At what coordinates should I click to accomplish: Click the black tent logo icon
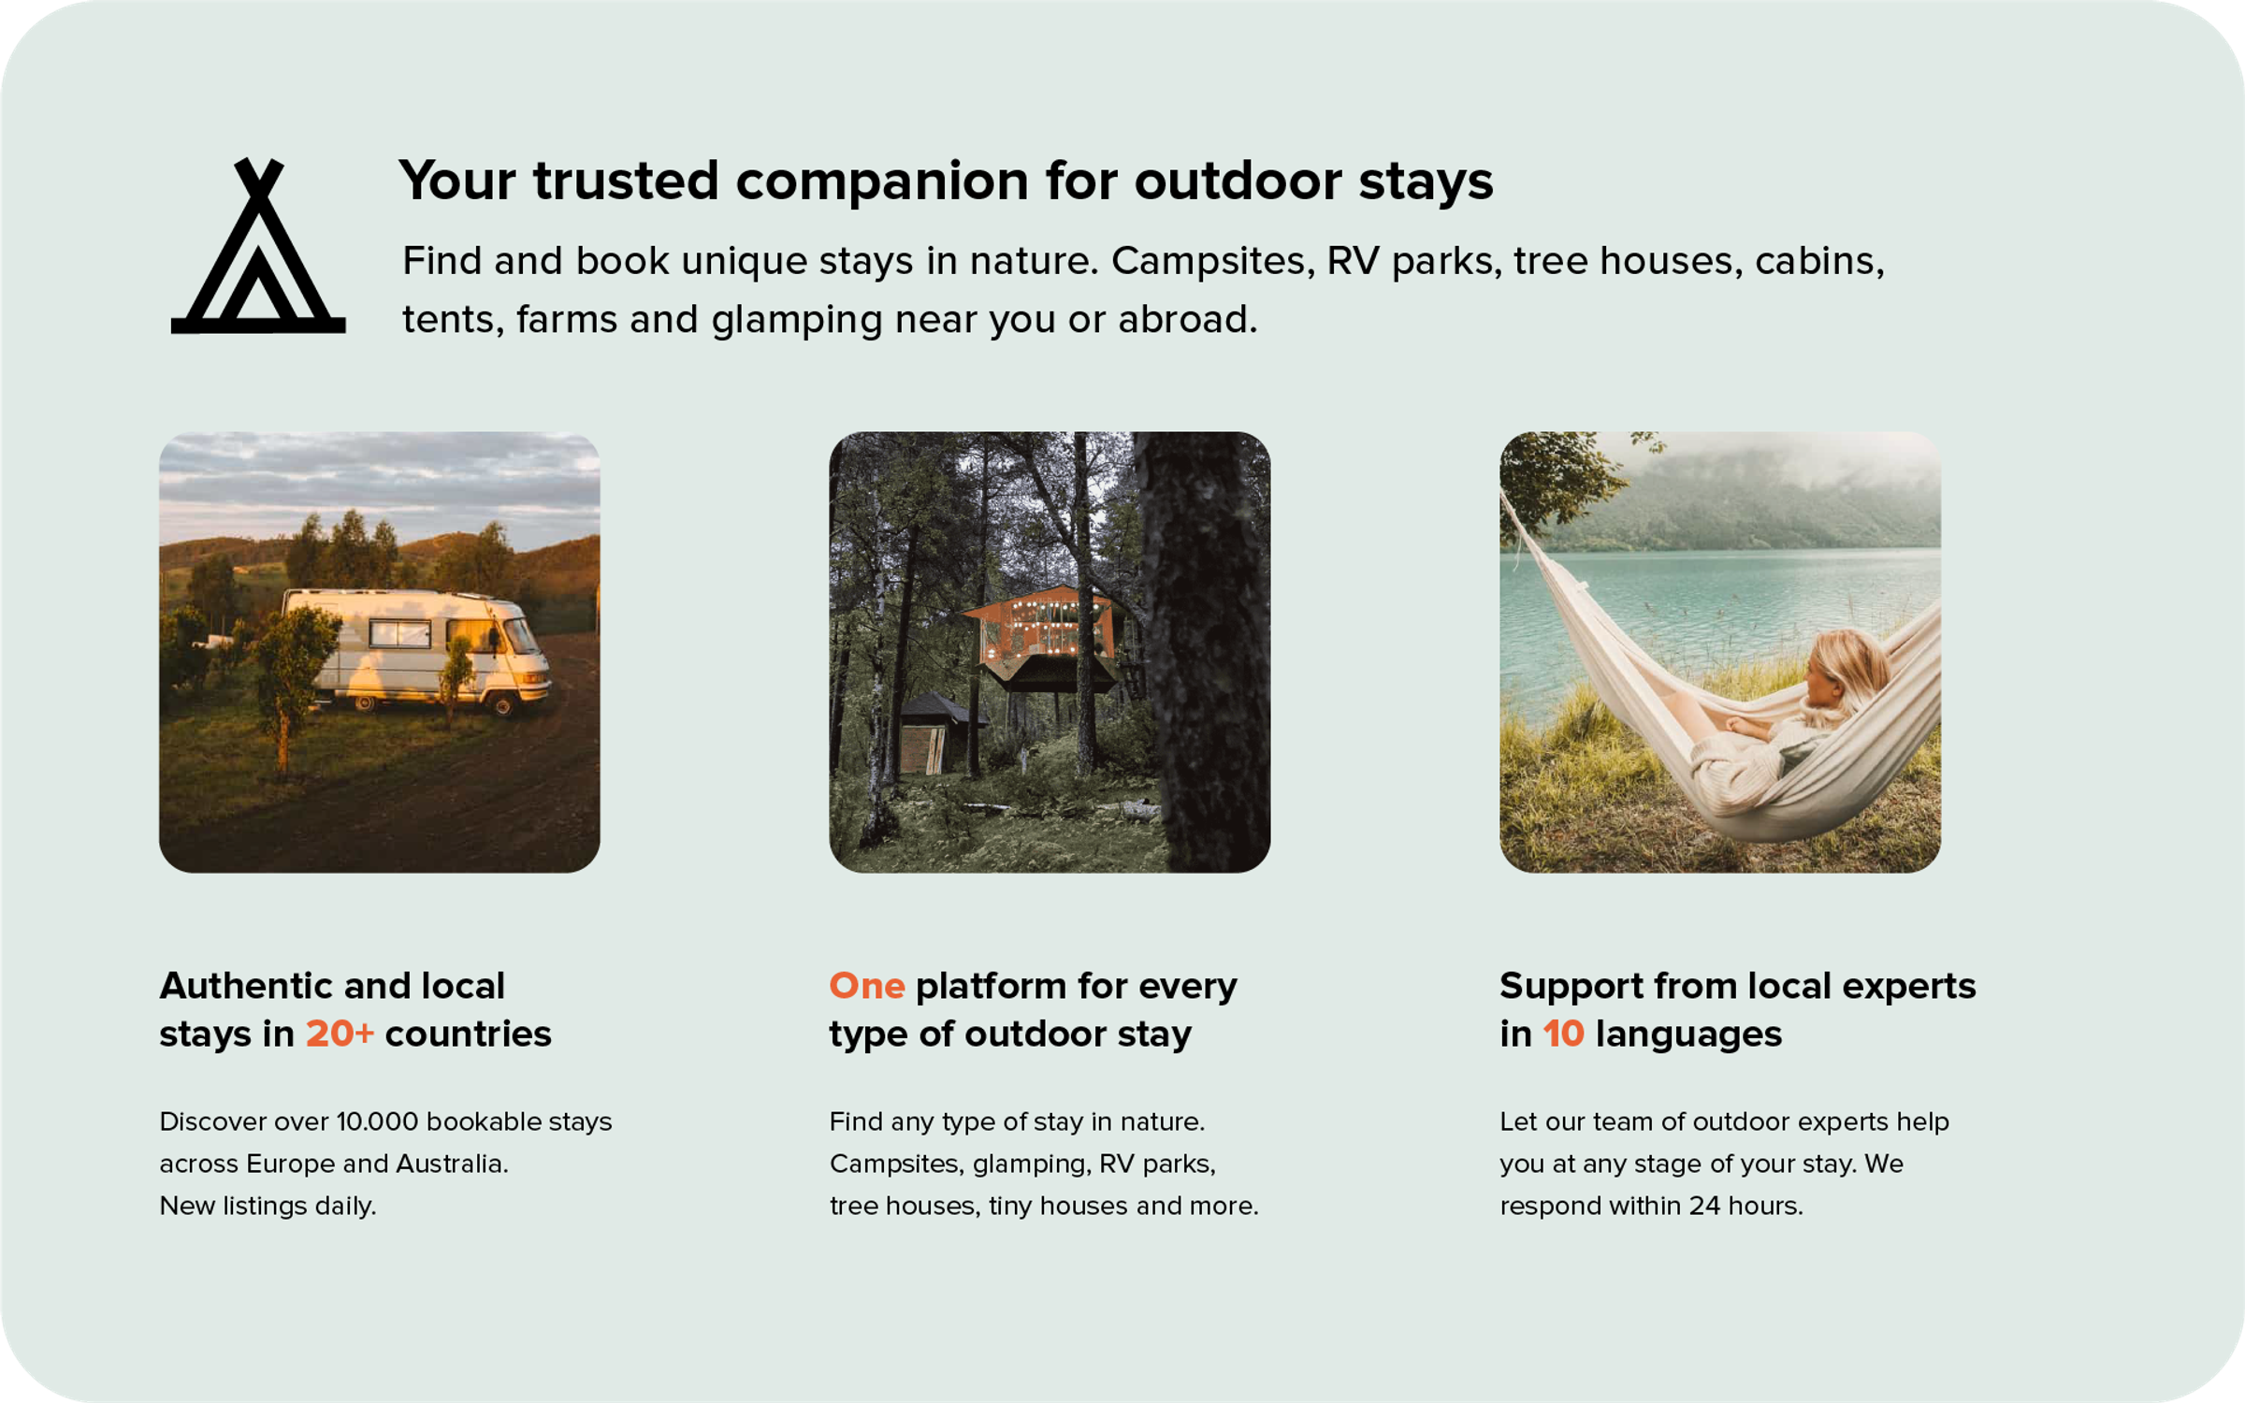pyautogui.click(x=258, y=248)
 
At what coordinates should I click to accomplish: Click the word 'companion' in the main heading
pyautogui.click(x=881, y=180)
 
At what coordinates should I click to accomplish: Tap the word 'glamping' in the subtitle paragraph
pyautogui.click(x=796, y=320)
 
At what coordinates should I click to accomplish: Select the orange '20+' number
pyautogui.click(x=340, y=1034)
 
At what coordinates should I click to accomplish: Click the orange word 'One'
pyautogui.click(x=866, y=986)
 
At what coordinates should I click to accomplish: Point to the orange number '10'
pyautogui.click(x=1563, y=1034)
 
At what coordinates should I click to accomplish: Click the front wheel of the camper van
pyautogui.click(x=503, y=703)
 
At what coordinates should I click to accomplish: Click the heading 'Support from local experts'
pyautogui.click(x=1737, y=986)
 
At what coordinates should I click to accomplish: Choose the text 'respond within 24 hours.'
pyautogui.click(x=1651, y=1206)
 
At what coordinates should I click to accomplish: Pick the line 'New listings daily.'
pyautogui.click(x=268, y=1206)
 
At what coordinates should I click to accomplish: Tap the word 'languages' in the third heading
pyautogui.click(x=1688, y=1034)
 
